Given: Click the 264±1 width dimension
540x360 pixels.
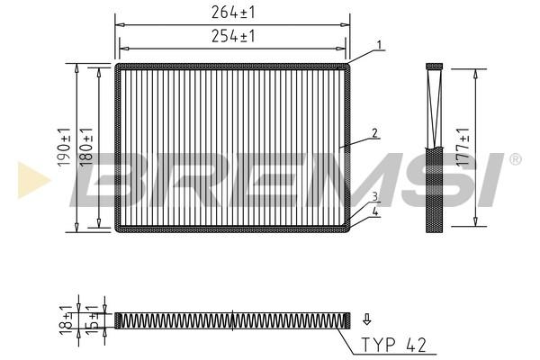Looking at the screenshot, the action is click(x=233, y=13).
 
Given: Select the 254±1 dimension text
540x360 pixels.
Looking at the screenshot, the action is click(x=233, y=36).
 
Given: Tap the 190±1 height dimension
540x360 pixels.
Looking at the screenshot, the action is click(x=65, y=147).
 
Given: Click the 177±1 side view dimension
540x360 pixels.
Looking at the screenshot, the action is click(x=463, y=147).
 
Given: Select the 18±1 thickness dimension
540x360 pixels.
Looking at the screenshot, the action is click(x=66, y=320).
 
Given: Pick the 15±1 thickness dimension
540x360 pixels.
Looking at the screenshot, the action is click(x=92, y=320).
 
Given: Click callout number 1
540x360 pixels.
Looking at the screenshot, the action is click(x=379, y=45).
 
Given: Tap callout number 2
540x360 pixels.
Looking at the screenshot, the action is click(x=374, y=132).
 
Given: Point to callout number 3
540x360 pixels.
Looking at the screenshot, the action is click(x=374, y=197).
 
